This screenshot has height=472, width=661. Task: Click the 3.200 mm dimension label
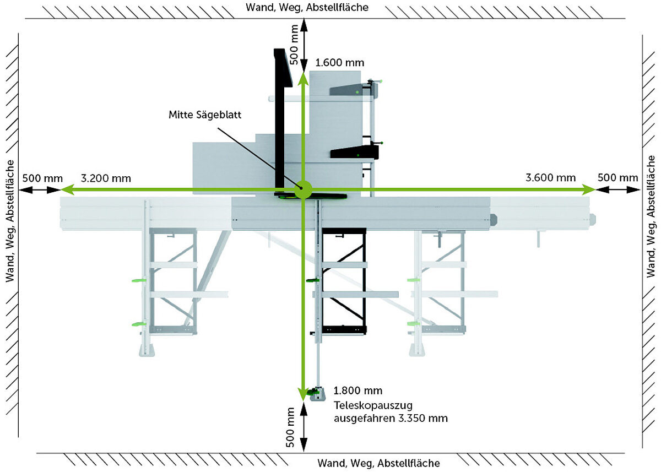click(x=106, y=178)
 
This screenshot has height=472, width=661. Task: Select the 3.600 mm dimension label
click(x=550, y=178)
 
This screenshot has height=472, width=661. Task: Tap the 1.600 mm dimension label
click(x=340, y=63)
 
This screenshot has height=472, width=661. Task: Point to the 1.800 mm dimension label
click(x=357, y=391)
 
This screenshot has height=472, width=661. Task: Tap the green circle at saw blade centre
click(x=302, y=189)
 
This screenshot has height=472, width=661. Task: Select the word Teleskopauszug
click(x=365, y=405)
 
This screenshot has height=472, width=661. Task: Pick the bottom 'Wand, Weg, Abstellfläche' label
click(x=378, y=463)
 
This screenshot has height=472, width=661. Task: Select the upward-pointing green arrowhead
click(x=302, y=78)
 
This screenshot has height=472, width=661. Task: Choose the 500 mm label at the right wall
click(x=618, y=178)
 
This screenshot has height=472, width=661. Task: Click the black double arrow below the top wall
click(x=302, y=46)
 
